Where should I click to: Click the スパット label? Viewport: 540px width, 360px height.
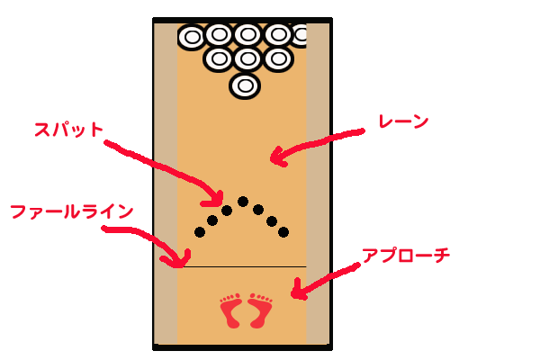(x=68, y=130)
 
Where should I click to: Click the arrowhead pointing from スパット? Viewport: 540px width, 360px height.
(x=216, y=197)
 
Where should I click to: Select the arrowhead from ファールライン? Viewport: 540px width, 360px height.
(x=175, y=261)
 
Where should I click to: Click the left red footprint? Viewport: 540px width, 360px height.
(x=233, y=310)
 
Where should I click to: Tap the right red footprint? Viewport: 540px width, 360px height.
(x=261, y=310)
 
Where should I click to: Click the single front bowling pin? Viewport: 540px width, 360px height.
(x=245, y=85)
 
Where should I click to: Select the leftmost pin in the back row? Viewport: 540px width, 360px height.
(x=192, y=37)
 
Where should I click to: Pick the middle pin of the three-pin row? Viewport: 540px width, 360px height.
(x=247, y=59)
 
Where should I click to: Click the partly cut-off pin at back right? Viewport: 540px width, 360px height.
(x=301, y=35)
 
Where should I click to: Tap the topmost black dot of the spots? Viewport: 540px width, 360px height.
(x=243, y=202)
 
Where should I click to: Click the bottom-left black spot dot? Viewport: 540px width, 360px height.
(x=200, y=232)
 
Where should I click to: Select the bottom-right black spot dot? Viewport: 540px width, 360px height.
(x=283, y=232)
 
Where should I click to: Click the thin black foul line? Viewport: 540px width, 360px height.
(x=243, y=267)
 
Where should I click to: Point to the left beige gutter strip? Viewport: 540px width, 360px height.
(x=166, y=180)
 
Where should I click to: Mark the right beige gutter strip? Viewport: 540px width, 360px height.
(x=319, y=180)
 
